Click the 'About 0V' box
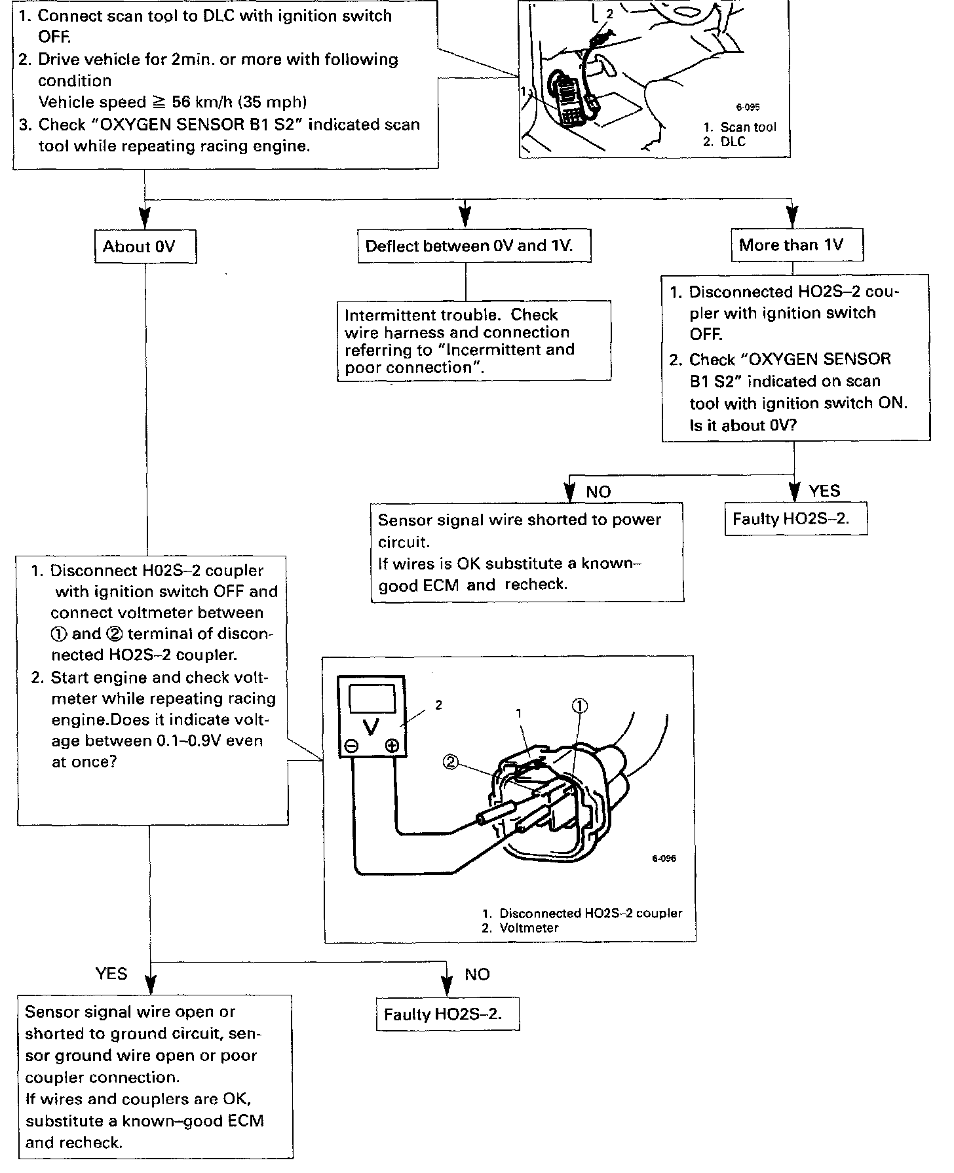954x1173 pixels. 145,246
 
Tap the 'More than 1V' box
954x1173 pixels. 796,245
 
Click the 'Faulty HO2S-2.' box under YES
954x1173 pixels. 795,519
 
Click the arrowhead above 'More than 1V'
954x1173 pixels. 793,217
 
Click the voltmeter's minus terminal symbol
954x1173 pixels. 351,746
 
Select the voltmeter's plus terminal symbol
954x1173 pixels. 392,746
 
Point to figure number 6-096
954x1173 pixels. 663,858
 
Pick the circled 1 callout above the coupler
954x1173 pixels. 580,706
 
